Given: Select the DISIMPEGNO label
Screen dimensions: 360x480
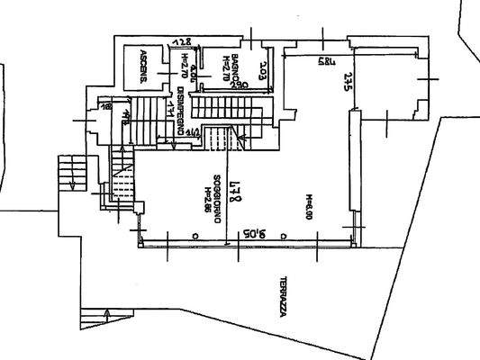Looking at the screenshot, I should [181, 111].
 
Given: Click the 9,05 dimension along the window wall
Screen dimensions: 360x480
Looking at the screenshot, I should [248, 233].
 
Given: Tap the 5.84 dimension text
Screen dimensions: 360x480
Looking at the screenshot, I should [301, 61].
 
